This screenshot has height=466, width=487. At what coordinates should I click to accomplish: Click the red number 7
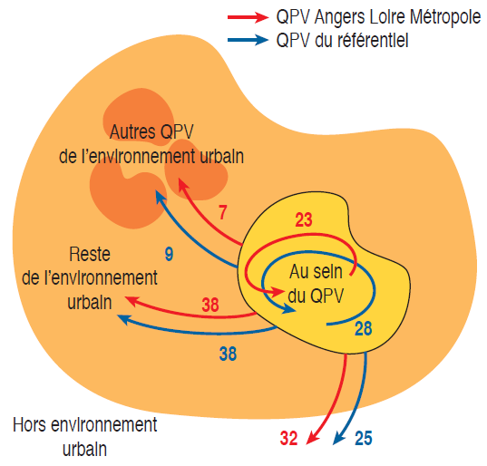tap(222, 213)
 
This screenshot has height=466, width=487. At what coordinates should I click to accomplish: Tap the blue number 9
tap(169, 254)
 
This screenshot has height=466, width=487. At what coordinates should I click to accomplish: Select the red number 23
tap(304, 219)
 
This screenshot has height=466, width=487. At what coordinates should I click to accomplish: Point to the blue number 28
tap(363, 328)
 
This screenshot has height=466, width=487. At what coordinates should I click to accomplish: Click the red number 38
tap(210, 305)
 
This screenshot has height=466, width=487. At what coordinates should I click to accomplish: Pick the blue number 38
tap(228, 354)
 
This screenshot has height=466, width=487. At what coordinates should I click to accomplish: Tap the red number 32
tap(288, 438)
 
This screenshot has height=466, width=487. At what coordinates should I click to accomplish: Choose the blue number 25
tap(363, 438)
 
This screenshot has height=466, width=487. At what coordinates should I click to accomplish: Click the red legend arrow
tap(248, 16)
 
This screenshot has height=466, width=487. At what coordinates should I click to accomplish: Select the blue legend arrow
tap(248, 40)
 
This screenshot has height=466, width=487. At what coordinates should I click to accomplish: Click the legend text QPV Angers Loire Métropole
tap(378, 16)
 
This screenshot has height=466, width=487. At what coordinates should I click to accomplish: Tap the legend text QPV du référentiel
tap(342, 41)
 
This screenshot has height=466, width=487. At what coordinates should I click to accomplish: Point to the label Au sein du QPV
tap(316, 284)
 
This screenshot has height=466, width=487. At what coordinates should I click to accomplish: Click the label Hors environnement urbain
tap(84, 437)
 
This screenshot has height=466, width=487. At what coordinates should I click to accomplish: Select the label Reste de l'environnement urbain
tap(90, 277)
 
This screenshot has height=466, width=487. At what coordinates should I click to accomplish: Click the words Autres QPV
tap(151, 131)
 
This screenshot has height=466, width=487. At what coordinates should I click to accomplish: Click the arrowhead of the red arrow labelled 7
tap(182, 184)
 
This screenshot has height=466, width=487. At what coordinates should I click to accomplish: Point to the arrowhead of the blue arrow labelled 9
tap(160, 196)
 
